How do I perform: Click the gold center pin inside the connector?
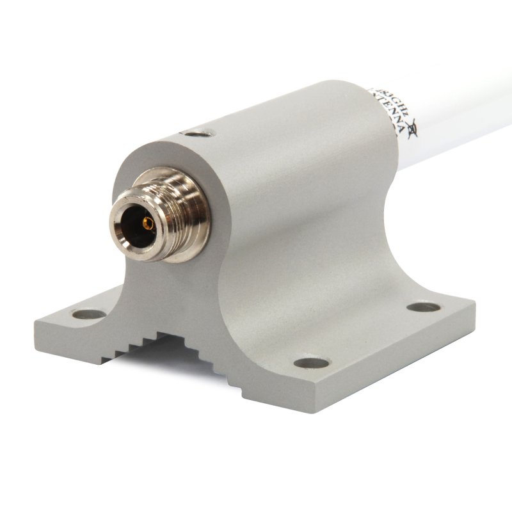148,223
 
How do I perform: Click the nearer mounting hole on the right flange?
313,364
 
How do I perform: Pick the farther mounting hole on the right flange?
424,307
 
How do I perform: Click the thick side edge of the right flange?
384,384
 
